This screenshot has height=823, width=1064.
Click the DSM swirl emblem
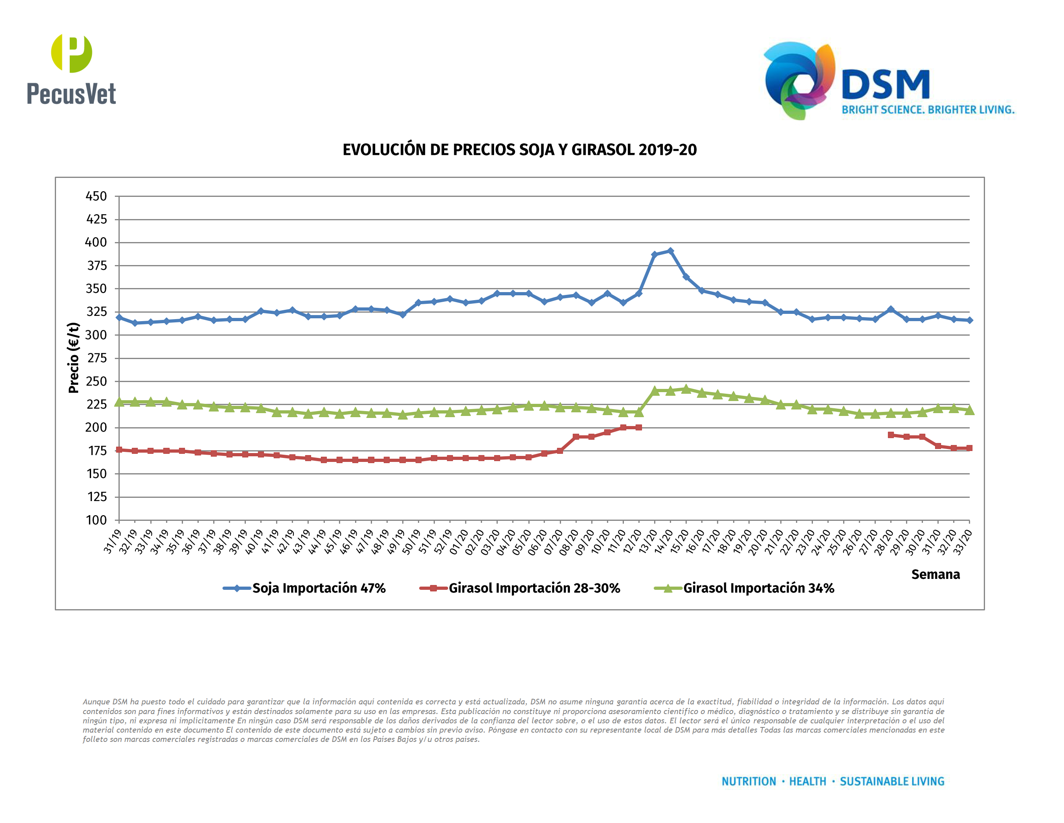[x=799, y=80]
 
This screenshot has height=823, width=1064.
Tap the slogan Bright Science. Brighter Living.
[x=928, y=110]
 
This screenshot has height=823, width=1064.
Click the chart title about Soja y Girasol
[x=520, y=150]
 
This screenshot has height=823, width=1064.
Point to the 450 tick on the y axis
[x=96, y=196]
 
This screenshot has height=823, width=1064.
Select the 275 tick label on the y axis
[x=96, y=358]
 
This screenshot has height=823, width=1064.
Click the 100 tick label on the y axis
[x=96, y=520]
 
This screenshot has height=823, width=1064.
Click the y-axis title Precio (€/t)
[x=74, y=357]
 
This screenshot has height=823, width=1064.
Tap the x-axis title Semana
[x=935, y=574]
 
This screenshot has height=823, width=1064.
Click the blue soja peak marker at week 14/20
[x=670, y=251]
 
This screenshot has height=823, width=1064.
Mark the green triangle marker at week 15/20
[x=686, y=389]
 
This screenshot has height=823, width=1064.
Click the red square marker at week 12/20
[x=639, y=428]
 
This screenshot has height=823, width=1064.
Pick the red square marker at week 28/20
[x=891, y=435]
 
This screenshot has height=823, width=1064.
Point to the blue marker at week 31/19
[x=119, y=318]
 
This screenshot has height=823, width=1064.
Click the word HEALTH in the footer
[x=807, y=781]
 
